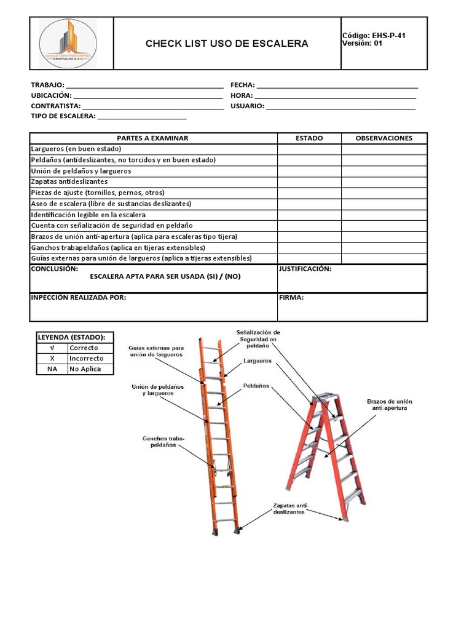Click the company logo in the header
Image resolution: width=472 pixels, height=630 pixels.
pos(68,43)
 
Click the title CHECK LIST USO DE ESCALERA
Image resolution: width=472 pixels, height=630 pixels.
pos(227,44)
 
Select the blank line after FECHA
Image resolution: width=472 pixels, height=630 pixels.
pos(337,86)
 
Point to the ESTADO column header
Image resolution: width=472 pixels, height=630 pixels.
pos(309,138)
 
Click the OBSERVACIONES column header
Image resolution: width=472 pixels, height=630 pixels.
pos(384,138)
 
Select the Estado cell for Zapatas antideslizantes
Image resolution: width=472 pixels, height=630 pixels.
pos(309,182)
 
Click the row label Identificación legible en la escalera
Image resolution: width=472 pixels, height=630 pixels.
pos(88,215)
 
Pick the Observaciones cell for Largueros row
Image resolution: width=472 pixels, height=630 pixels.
pos(384,149)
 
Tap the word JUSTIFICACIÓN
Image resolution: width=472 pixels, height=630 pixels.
pos(305,269)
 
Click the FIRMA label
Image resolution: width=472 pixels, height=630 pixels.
pos(291,298)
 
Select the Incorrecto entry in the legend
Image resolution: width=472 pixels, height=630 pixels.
pos(87,359)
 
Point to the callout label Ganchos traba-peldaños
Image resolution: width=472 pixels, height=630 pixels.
pos(163,442)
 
